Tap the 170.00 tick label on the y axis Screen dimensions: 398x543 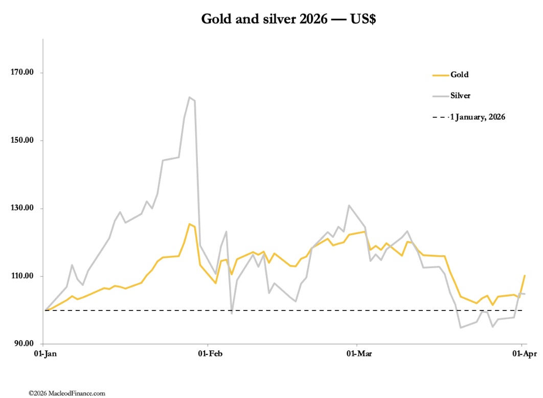(x=22, y=73)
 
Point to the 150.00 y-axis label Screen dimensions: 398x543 (x=22, y=141)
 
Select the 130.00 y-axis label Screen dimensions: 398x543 (x=22, y=209)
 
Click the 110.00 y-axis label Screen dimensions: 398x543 (x=22, y=276)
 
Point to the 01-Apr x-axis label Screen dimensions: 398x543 (x=522, y=353)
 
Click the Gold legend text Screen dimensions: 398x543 (x=459, y=75)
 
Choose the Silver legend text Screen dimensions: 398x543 (x=460, y=96)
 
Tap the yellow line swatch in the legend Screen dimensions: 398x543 (x=440, y=75)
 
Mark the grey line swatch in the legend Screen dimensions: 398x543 (x=440, y=96)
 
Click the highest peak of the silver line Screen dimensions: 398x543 (x=189, y=97)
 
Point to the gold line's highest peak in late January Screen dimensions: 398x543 (x=189, y=224)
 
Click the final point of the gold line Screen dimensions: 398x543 (x=525, y=276)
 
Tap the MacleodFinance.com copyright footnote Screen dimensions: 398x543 (x=67, y=393)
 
